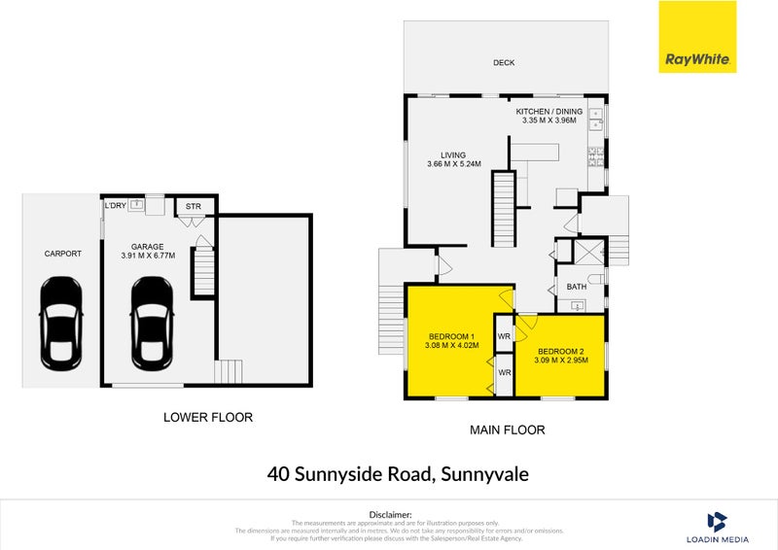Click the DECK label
click(x=503, y=63)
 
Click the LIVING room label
click(x=453, y=155)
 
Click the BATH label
click(x=577, y=287)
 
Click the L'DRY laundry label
click(x=115, y=205)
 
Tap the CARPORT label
click(x=62, y=254)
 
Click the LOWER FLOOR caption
click(x=207, y=418)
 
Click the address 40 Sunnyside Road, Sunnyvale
click(x=398, y=474)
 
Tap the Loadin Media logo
click(x=717, y=527)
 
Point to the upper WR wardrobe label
click(x=504, y=336)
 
